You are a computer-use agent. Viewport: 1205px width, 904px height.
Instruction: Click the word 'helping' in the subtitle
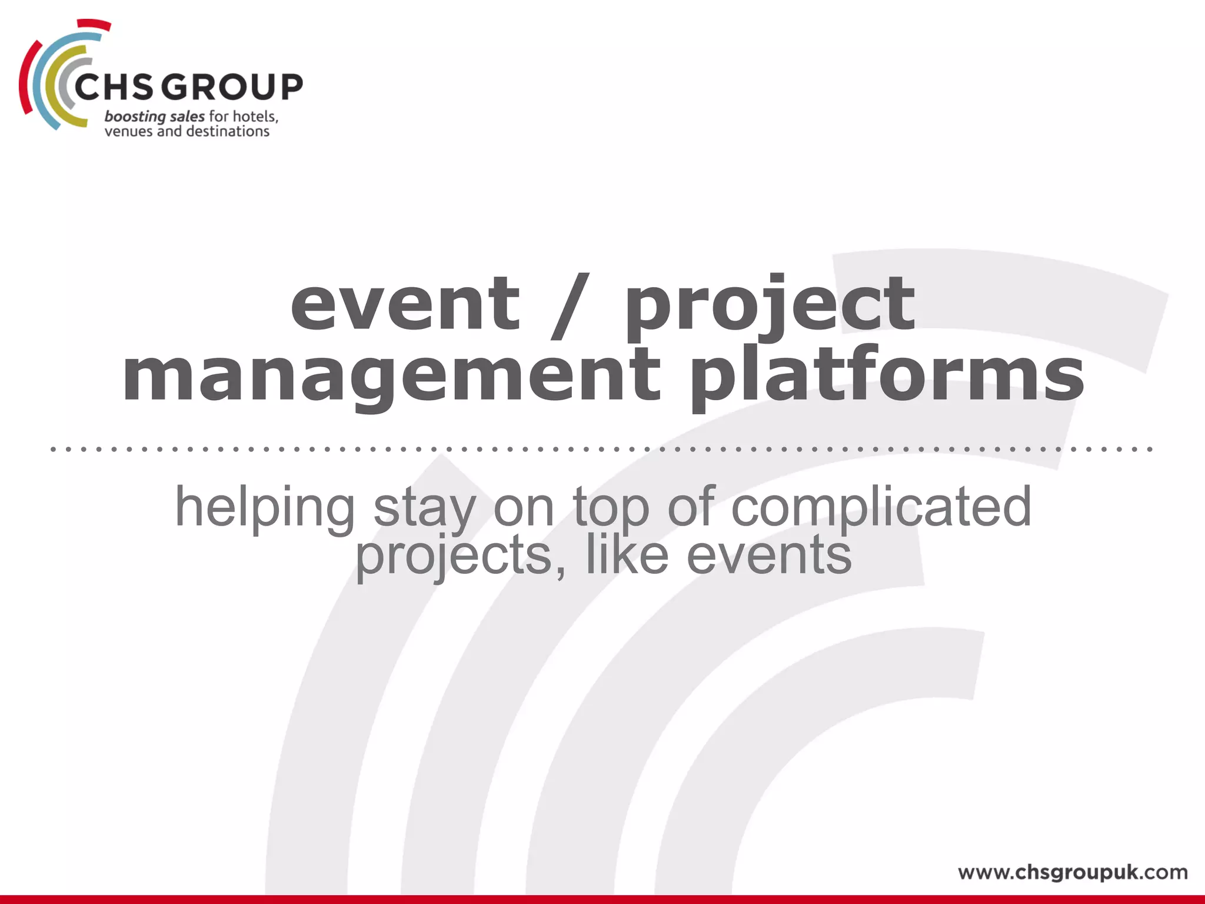click(265, 507)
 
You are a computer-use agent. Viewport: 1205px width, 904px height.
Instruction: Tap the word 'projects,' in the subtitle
click(461, 556)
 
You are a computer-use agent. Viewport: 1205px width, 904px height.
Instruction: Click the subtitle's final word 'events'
click(769, 556)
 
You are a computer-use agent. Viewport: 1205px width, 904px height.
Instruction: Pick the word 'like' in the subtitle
click(627, 556)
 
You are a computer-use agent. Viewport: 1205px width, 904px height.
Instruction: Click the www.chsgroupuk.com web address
click(1073, 872)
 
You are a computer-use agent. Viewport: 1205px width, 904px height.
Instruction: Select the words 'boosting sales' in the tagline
click(154, 117)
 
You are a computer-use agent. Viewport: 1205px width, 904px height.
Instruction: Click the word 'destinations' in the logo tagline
click(228, 131)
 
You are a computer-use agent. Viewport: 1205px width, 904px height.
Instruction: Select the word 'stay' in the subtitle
click(424, 507)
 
